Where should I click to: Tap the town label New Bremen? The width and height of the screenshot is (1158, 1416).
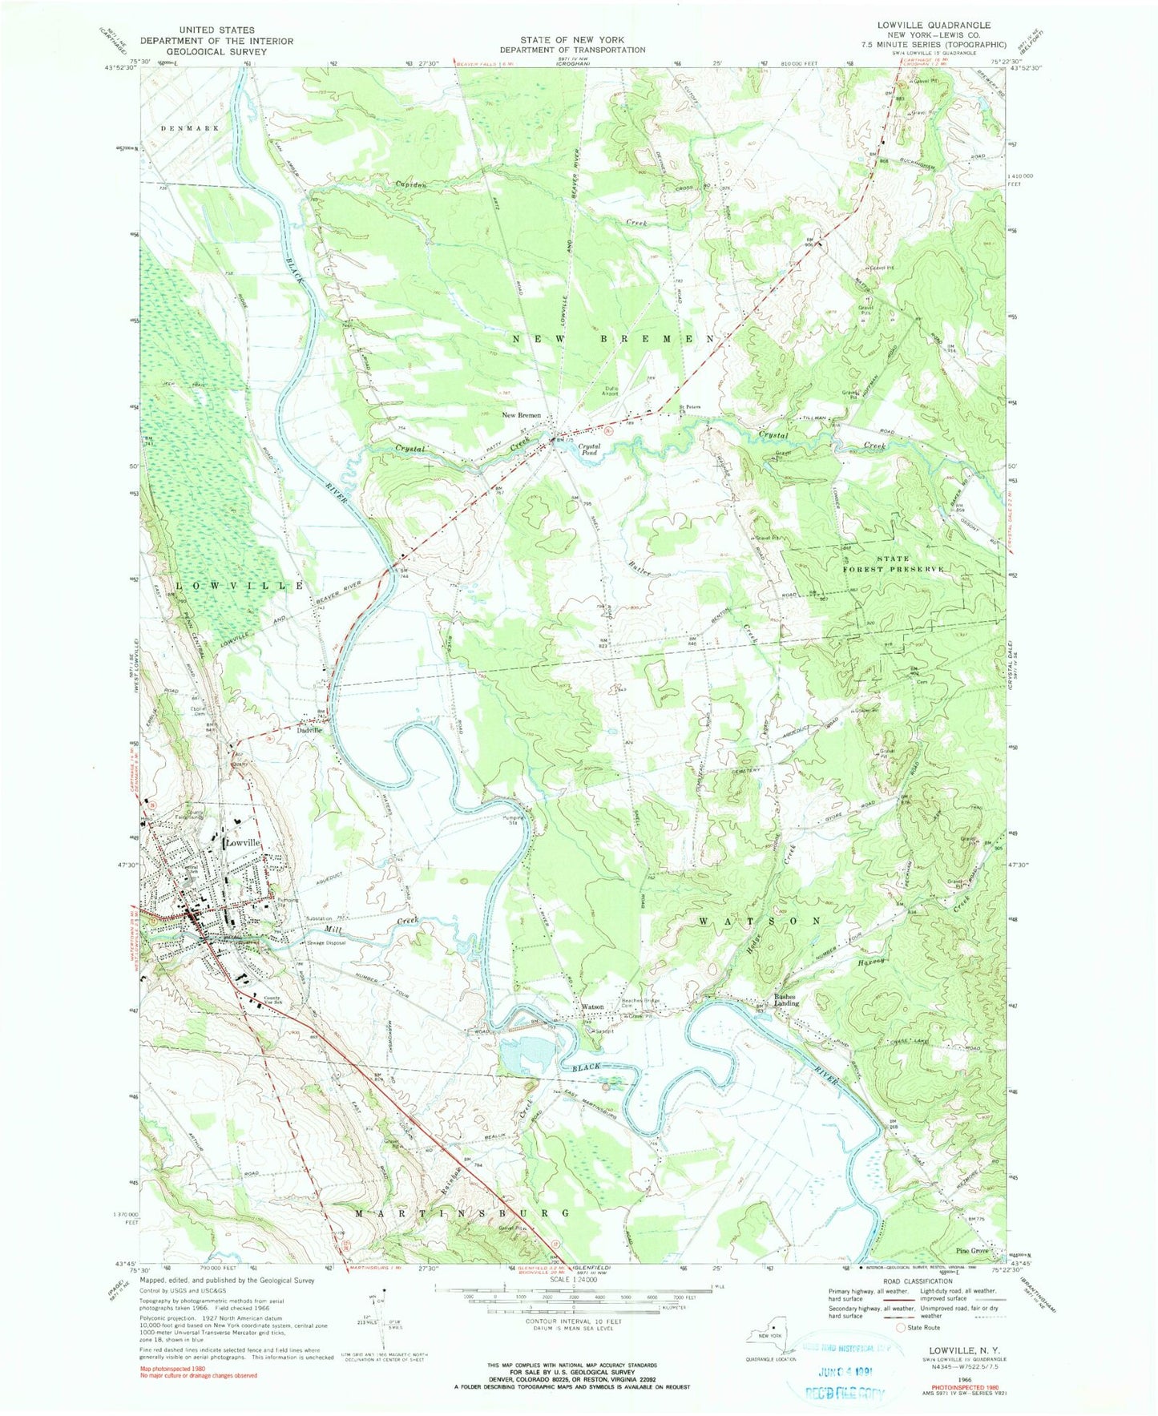(521, 415)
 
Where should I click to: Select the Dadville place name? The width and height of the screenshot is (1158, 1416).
(309, 730)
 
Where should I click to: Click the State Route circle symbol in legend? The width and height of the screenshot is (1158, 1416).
(902, 1328)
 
